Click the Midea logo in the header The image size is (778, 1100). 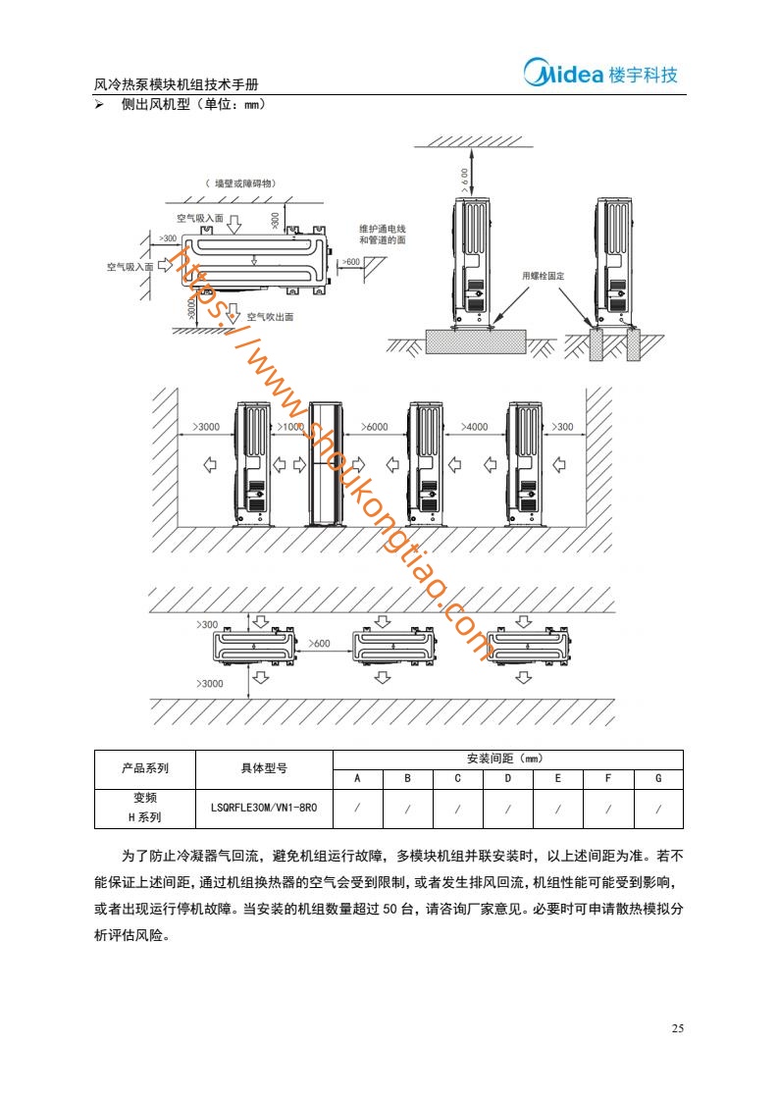coord(600,73)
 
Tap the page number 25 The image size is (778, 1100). coord(677,1028)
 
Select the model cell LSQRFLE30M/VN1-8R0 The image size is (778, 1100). coord(264,808)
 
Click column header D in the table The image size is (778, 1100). coord(508,778)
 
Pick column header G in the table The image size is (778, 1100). coord(658,778)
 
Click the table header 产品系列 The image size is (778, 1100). coord(145,768)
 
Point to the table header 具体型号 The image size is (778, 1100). coord(264,768)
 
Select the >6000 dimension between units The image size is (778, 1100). coord(375,427)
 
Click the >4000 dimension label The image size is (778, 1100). coord(474,427)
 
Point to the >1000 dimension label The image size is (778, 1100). coord(290,427)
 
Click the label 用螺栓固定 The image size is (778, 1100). coord(543,276)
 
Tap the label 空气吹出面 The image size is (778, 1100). coord(270,317)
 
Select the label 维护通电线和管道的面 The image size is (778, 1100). coord(383,235)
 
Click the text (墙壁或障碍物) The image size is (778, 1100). coord(240,183)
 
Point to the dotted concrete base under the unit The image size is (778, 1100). coord(477,340)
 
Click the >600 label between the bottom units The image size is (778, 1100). coord(319,644)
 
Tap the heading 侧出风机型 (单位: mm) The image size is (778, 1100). coord(193,105)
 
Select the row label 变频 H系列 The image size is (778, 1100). coord(145,808)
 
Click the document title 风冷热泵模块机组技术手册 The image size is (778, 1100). coord(176,84)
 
